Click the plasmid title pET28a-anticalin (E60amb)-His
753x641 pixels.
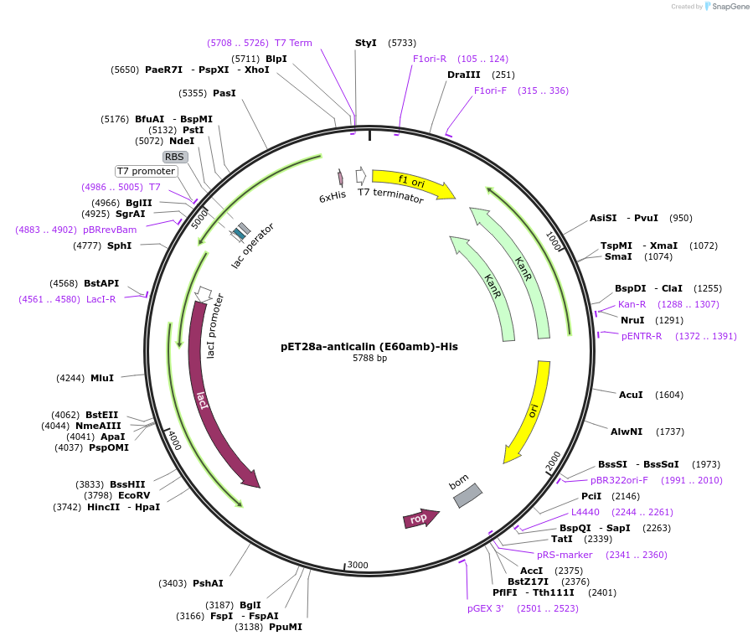pos(369,346)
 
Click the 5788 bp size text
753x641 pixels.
pos(369,359)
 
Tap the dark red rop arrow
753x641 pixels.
pos(421,519)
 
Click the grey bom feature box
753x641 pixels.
pos(467,495)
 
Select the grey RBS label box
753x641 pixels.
pos(175,157)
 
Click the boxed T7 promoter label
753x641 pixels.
pos(147,171)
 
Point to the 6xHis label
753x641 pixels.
pos(333,196)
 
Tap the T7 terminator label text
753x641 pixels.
pos(390,196)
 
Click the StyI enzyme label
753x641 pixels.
pos(366,43)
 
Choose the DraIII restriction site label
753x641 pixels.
pos(463,75)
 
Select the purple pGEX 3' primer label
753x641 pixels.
pos(486,608)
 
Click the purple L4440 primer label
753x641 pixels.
pos(586,512)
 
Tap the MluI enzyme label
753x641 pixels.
pos(102,378)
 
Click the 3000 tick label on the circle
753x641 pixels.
pos(358,565)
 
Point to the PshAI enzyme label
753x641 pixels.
pos(208,583)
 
